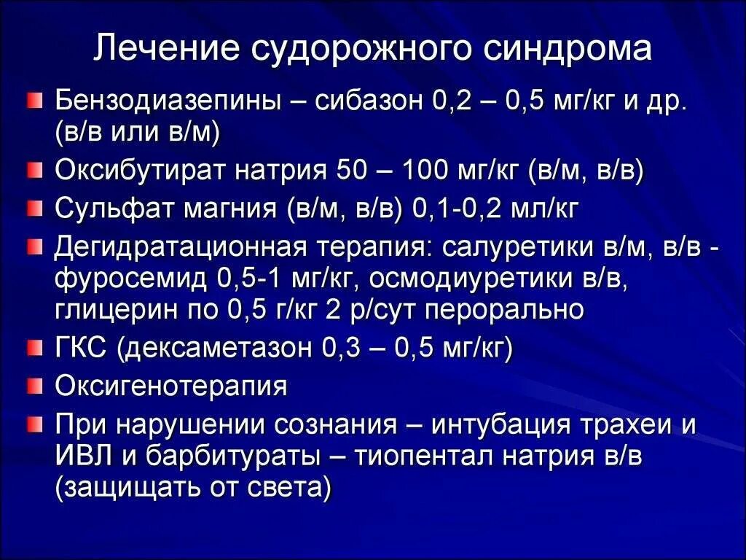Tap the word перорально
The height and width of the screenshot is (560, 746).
[x=503, y=311]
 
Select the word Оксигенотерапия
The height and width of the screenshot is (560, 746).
[x=170, y=386]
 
